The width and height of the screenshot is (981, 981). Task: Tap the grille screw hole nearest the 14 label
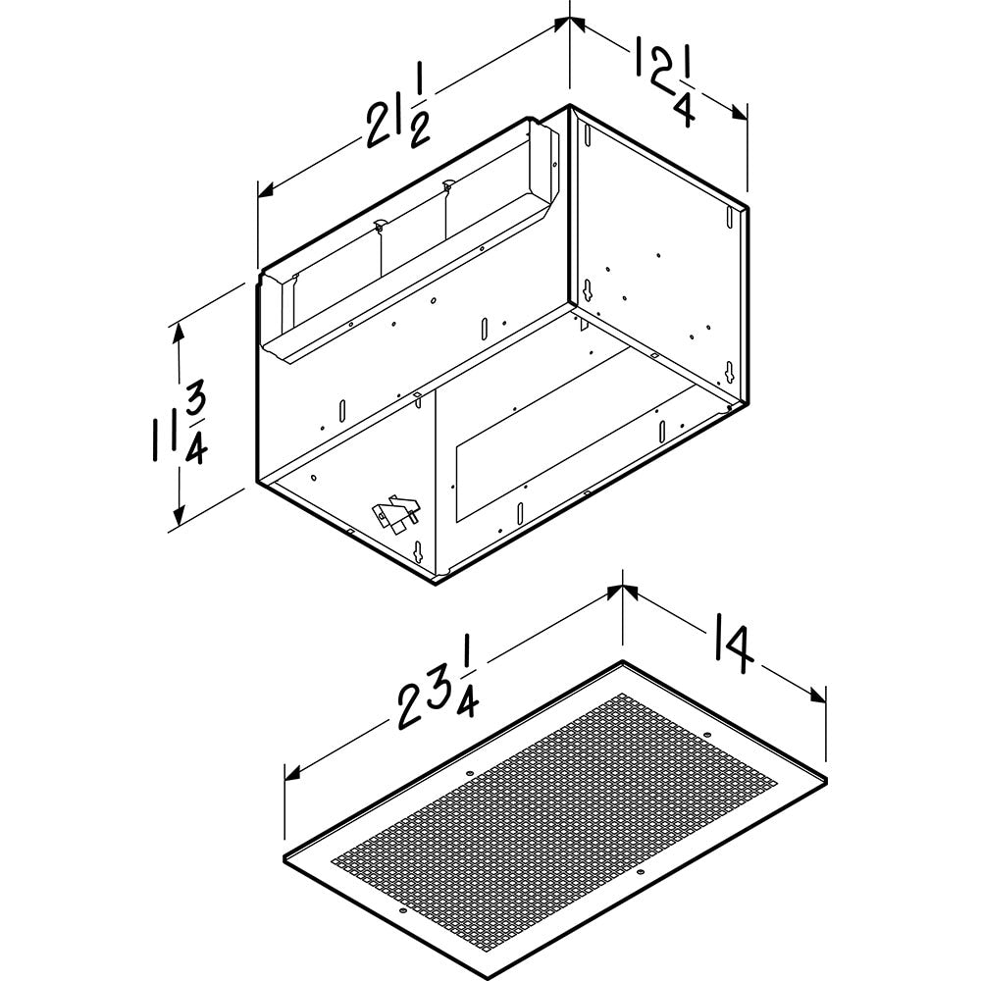[708, 735]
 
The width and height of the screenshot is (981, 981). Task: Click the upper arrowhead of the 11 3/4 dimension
[178, 331]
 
